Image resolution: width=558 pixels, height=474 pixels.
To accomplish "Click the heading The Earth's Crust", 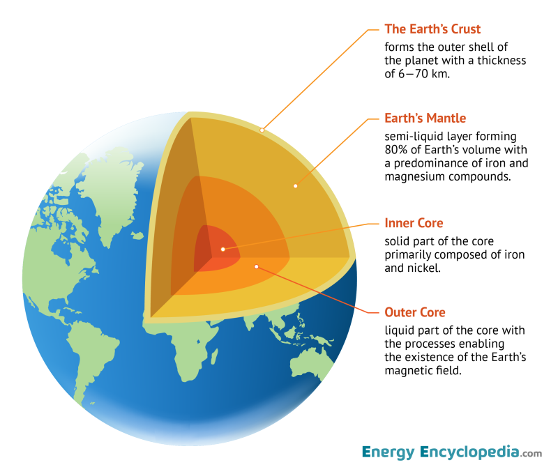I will pos(432,29).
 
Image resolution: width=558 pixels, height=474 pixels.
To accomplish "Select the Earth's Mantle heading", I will pos(425,118).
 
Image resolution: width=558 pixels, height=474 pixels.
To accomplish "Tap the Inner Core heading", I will pos(414,223).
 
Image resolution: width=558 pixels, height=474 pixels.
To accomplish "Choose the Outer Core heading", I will pos(414,312).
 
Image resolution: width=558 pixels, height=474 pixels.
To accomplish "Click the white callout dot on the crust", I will pos(262,129).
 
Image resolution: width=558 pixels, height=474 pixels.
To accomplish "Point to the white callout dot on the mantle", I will pos(296,186).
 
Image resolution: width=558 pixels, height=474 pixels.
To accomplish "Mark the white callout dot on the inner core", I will pos(223,249).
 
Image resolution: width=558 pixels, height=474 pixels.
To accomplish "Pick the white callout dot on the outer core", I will pos(257,266).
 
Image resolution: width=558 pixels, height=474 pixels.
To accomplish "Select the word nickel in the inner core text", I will pos(424,268).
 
